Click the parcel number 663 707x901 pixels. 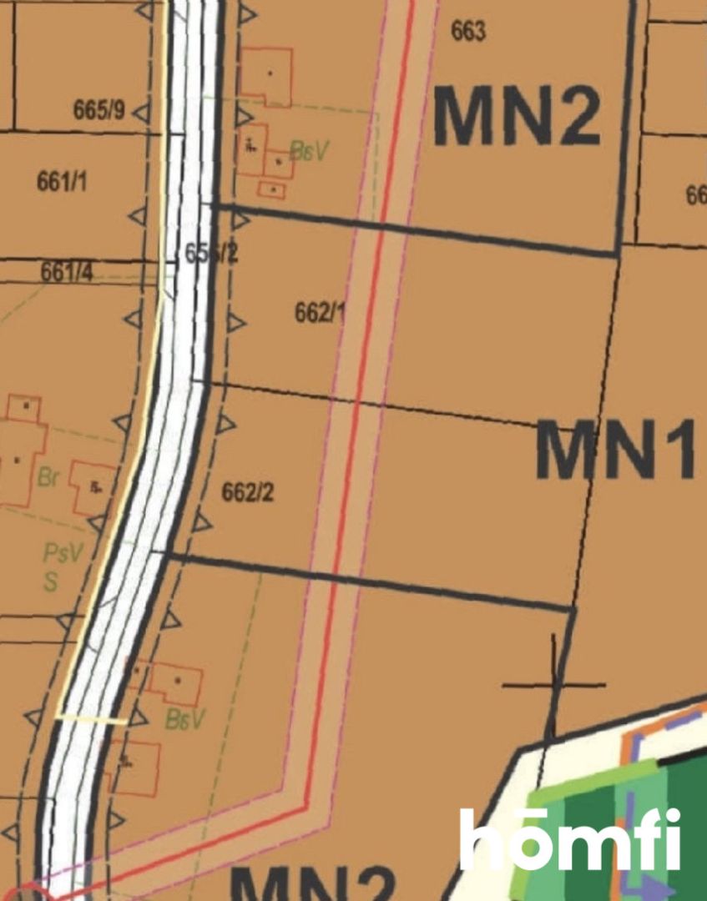[x=467, y=32]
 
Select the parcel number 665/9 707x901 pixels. [x=98, y=111]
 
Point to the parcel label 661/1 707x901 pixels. [x=62, y=181]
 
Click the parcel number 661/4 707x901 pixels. [x=67, y=272]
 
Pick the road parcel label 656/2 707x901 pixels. [x=210, y=254]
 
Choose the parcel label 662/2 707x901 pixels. [x=247, y=493]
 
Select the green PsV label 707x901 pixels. [x=63, y=553]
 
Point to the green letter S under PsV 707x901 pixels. [x=51, y=581]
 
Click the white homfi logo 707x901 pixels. [x=570, y=838]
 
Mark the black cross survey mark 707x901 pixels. [x=553, y=685]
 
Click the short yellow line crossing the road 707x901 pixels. [x=91, y=718]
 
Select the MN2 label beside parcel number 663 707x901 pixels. [x=517, y=117]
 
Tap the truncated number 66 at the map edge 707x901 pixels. [x=696, y=195]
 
